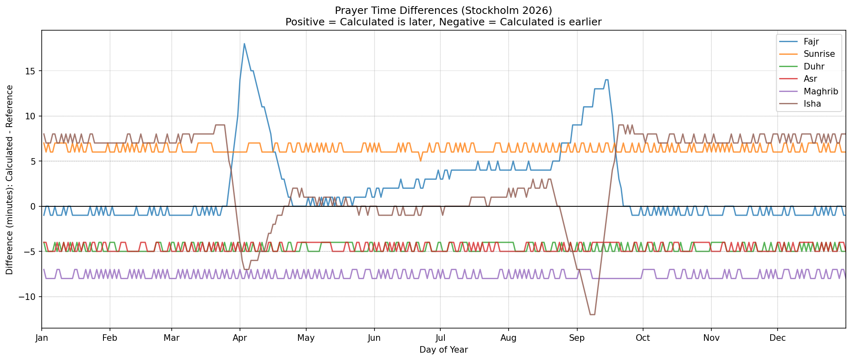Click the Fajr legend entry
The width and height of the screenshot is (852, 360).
click(811, 41)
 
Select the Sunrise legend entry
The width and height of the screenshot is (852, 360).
click(819, 54)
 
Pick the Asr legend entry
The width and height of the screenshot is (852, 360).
click(810, 79)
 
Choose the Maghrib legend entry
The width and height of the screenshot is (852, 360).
click(821, 91)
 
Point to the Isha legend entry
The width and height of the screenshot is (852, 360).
click(812, 104)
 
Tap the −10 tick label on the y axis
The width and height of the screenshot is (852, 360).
click(28, 297)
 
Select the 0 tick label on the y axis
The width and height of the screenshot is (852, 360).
click(34, 206)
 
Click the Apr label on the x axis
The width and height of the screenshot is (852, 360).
click(240, 338)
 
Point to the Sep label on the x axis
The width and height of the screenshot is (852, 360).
click(577, 338)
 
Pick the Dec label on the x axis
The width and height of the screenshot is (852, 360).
click(777, 338)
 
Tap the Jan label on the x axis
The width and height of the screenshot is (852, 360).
click(42, 338)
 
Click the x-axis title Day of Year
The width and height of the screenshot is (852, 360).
click(444, 350)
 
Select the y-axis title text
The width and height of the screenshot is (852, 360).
click(9, 180)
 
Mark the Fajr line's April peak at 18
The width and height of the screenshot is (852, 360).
click(244, 44)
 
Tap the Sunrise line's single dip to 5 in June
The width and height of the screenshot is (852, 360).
click(420, 161)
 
